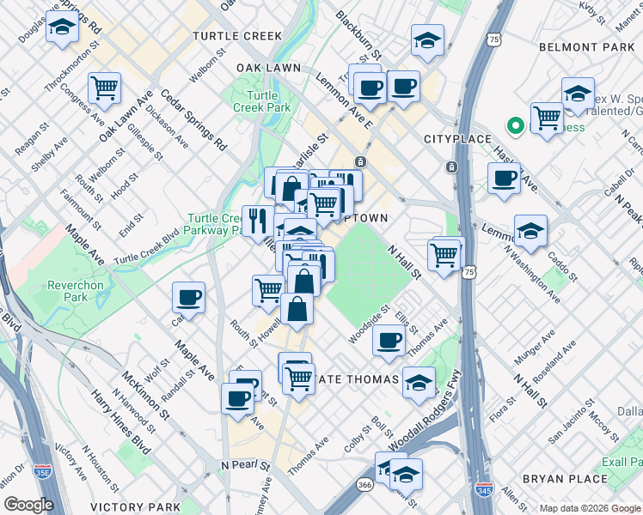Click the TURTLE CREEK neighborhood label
point(237,36)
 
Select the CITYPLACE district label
point(457,139)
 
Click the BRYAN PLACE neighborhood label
point(563,477)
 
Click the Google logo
point(28,505)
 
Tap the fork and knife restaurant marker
point(258,220)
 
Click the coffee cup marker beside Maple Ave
point(188,297)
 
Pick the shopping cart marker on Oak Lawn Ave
point(104,87)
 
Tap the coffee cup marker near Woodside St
point(389,340)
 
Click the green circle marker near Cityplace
point(516,127)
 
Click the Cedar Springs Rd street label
point(192,120)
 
